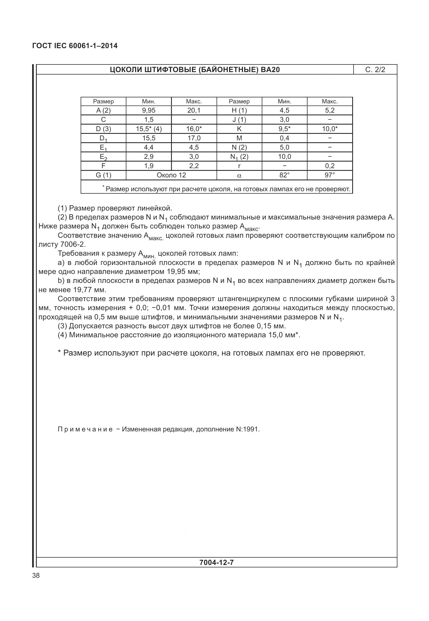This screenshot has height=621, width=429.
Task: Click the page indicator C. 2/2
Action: click(375, 70)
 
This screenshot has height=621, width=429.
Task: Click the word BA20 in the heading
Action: click(270, 70)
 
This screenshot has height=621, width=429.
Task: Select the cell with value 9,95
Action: click(148, 110)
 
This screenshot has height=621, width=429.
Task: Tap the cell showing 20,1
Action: click(194, 110)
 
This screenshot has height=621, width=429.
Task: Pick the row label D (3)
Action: click(103, 129)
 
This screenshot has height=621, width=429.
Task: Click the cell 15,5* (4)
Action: click(148, 129)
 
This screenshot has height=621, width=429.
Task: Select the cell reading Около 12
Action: click(171, 175)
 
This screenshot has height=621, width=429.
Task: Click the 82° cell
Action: click(284, 175)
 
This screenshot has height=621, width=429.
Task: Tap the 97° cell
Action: click(330, 175)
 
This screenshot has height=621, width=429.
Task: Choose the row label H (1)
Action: click(239, 110)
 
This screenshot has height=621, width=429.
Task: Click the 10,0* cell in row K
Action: click(330, 129)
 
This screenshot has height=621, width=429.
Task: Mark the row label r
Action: click(239, 166)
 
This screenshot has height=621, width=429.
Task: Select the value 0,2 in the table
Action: click(330, 166)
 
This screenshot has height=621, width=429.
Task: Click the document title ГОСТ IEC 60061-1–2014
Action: click(75, 46)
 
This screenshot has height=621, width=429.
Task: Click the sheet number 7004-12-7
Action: click(217, 563)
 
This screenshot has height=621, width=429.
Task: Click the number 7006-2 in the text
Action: click(73, 244)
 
